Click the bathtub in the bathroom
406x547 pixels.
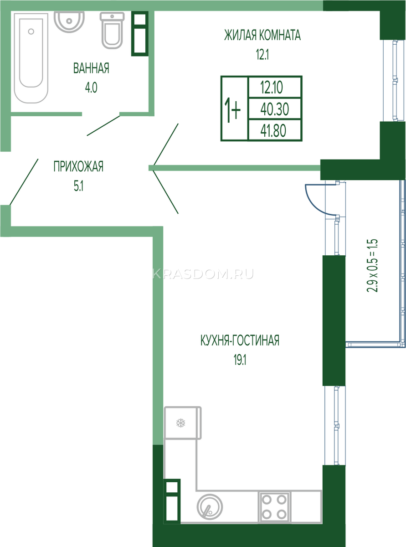pyautogui.click(x=31, y=58)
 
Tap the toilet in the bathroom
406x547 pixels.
pyautogui.click(x=112, y=31)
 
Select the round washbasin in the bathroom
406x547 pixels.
pyautogui.click(x=69, y=22)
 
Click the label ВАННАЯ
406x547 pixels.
pyautogui.click(x=91, y=68)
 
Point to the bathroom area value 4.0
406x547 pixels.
pyautogui.click(x=91, y=88)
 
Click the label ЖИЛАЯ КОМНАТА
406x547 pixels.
pyautogui.click(x=262, y=35)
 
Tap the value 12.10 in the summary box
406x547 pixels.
pyautogui.click(x=272, y=88)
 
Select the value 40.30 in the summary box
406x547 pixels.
pyautogui.click(x=275, y=109)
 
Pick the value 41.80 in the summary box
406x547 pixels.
pyautogui.click(x=273, y=131)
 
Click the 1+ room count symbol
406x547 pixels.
pyautogui.click(x=232, y=110)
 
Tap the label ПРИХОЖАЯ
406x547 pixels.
pyautogui.click(x=78, y=166)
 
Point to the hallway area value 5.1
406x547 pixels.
pyautogui.click(x=79, y=186)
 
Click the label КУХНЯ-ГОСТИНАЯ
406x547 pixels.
pyautogui.click(x=240, y=341)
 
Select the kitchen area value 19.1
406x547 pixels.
pyautogui.click(x=240, y=360)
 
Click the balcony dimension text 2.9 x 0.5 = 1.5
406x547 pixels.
pyautogui.click(x=372, y=266)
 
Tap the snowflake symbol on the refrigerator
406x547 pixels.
pyautogui.click(x=181, y=423)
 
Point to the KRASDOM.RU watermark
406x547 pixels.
pyautogui.click(x=203, y=274)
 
